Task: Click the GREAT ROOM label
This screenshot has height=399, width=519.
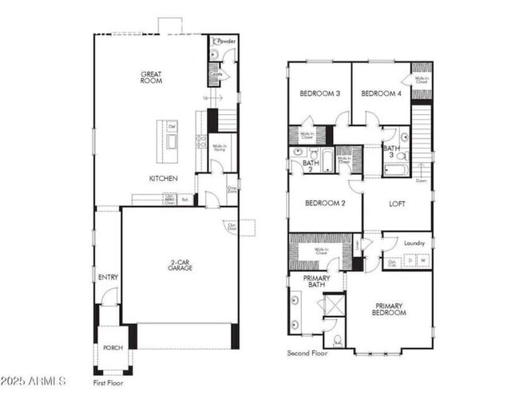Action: coord(151,77)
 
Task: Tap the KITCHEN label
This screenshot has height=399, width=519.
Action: coord(163,178)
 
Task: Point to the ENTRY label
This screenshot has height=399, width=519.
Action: coord(108,277)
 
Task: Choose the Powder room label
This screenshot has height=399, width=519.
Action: coord(227,41)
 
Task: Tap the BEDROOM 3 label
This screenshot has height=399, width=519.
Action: coord(320,93)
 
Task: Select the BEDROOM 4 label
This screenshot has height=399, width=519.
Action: coord(381,93)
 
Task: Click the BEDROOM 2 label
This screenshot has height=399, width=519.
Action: coord(325,203)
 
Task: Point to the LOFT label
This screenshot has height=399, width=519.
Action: coord(397,203)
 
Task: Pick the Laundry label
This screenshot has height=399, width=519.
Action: coord(414,243)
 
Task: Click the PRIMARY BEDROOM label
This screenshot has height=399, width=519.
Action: coord(389,309)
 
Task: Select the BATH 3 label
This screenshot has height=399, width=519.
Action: coord(391,152)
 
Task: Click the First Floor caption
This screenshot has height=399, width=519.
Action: coord(109,383)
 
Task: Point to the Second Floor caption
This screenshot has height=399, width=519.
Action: coord(307,352)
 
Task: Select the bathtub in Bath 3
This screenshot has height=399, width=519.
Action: coord(397,169)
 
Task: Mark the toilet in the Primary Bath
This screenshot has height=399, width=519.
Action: coord(338,340)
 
